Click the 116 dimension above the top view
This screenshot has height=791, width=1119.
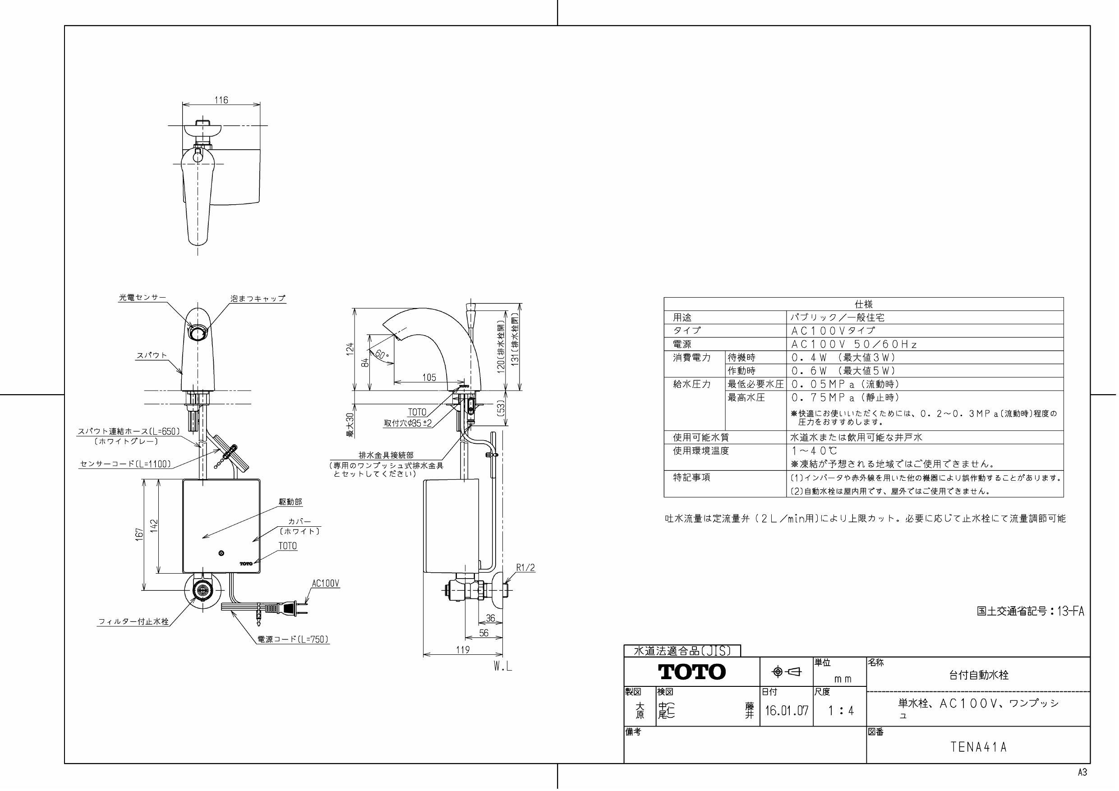(x=221, y=100)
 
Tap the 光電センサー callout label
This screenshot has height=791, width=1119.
(x=143, y=297)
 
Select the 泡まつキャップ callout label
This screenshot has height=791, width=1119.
(x=258, y=298)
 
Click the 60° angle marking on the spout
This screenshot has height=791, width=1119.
(x=381, y=354)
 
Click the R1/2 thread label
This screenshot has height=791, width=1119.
(x=525, y=568)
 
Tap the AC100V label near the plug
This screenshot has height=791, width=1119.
(x=325, y=584)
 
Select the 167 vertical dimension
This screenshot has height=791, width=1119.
(x=140, y=533)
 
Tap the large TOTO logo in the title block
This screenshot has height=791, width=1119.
(x=691, y=672)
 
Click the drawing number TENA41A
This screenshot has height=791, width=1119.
(x=978, y=747)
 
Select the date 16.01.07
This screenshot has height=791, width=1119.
(x=786, y=711)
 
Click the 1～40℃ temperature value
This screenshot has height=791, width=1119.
(x=814, y=451)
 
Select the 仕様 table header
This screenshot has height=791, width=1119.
(x=863, y=304)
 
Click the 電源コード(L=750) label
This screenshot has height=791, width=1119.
(x=293, y=639)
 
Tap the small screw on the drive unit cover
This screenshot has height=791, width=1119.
(x=222, y=553)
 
